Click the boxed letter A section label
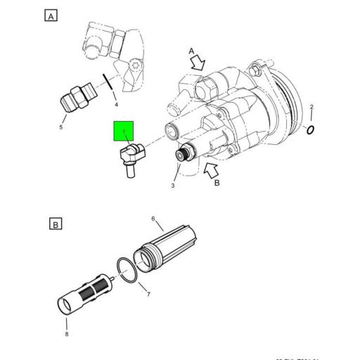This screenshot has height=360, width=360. [51, 15]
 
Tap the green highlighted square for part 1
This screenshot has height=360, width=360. [126, 131]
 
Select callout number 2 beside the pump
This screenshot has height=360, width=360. [312, 107]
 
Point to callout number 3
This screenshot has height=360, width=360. [172, 186]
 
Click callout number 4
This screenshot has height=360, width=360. [116, 105]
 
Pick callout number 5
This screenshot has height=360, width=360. [60, 127]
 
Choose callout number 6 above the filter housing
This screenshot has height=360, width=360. [153, 219]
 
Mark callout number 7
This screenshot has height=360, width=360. [148, 294]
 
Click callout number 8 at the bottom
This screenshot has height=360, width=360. [66, 333]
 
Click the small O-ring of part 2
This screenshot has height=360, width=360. [311, 129]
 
